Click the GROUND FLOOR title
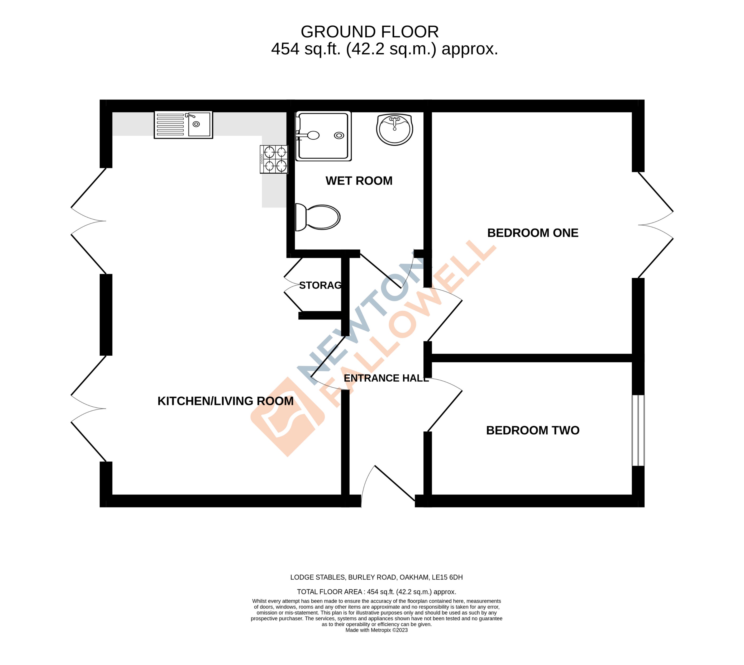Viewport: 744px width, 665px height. pyautogui.click(x=369, y=32)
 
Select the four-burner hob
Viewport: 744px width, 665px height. pyautogui.click(x=274, y=159)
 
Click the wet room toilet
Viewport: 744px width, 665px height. pyautogui.click(x=318, y=217)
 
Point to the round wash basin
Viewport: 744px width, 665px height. pyautogui.click(x=394, y=129)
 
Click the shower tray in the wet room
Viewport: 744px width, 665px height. pyautogui.click(x=323, y=136)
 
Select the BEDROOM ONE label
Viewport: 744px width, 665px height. pyautogui.click(x=532, y=233)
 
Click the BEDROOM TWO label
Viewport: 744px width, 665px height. pyautogui.click(x=532, y=430)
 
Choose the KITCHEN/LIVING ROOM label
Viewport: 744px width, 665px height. pyautogui.click(x=225, y=401)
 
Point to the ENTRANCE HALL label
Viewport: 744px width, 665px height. pyautogui.click(x=386, y=378)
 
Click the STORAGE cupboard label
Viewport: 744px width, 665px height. pyautogui.click(x=320, y=285)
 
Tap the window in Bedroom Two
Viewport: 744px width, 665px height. pyautogui.click(x=638, y=430)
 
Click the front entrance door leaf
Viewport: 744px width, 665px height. pyautogui.click(x=394, y=483)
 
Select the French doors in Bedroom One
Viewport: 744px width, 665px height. pyautogui.click(x=656, y=225)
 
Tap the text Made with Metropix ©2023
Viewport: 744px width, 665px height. pyautogui.click(x=376, y=630)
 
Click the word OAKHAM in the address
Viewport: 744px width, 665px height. pyautogui.click(x=414, y=577)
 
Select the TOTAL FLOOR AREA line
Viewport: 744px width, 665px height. pyautogui.click(x=376, y=592)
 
